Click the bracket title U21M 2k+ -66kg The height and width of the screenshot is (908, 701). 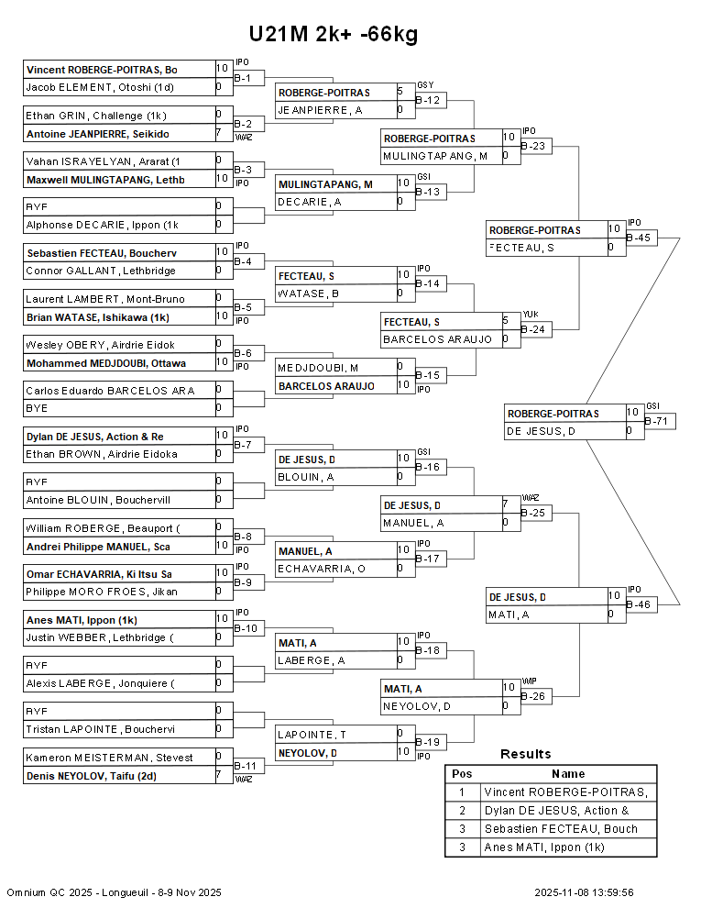coord(334,34)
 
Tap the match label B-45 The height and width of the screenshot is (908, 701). coord(639,238)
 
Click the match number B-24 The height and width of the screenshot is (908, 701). coord(533,329)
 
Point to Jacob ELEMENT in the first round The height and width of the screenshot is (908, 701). coord(100,87)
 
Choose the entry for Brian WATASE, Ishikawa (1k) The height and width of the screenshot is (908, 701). coord(98,317)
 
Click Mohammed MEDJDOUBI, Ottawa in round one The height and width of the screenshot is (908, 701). coord(106,363)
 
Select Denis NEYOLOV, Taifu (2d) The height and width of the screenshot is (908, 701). coord(92,776)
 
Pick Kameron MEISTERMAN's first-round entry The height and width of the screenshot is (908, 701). coord(109,758)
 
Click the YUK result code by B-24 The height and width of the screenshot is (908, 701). coord(531,315)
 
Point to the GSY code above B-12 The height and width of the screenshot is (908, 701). coord(425,85)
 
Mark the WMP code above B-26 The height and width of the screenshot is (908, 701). coord(530,681)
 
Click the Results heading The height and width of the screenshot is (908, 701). coord(526,754)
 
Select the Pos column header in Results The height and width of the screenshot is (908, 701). coord(462,774)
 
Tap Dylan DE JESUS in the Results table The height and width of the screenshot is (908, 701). coord(556,811)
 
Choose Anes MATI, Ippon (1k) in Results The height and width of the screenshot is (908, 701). coord(544,847)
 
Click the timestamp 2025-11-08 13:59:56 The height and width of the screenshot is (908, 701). coord(585,892)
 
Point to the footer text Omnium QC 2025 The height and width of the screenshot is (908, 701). coord(49,892)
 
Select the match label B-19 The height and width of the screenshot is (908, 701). coord(428,742)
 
